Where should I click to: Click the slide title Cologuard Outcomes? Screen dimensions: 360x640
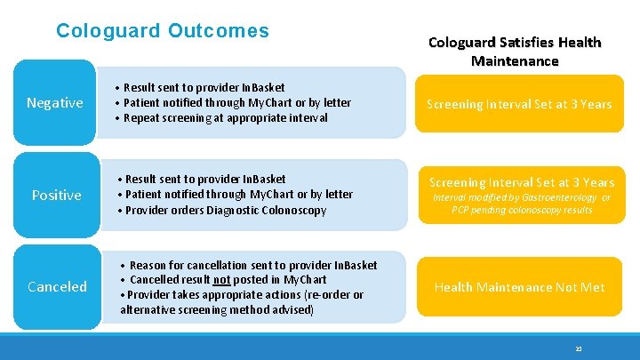click(162, 31)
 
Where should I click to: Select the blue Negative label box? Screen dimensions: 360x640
click(55, 103)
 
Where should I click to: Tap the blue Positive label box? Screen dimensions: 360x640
click(56, 195)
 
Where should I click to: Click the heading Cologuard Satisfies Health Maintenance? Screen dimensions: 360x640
click(515, 52)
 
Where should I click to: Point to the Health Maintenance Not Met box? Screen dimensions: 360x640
click(519, 286)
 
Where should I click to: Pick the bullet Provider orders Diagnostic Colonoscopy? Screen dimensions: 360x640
click(225, 211)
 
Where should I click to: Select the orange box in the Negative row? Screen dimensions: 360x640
click(519, 104)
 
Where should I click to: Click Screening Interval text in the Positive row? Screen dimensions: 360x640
click(519, 182)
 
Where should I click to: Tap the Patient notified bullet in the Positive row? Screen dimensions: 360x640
click(236, 195)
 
